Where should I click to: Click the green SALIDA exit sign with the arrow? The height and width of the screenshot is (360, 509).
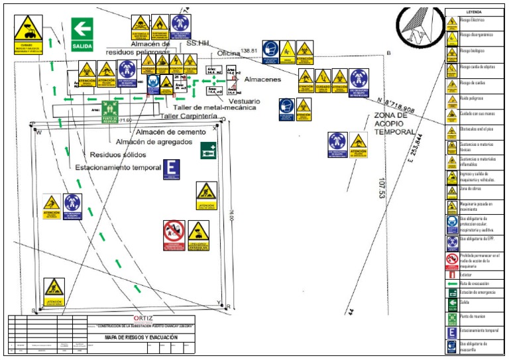tap(82, 34)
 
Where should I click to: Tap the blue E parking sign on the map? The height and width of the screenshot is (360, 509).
tap(172, 169)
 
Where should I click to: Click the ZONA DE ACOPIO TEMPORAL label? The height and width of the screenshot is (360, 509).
tap(375, 123)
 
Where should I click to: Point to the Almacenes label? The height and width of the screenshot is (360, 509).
tap(262, 79)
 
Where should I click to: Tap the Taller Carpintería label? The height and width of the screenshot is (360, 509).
tap(190, 116)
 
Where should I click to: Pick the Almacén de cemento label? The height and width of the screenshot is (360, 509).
tap(169, 132)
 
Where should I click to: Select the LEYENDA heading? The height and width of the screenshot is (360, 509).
tap(474, 12)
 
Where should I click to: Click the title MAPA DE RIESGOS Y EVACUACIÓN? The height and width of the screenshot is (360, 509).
tap(142, 337)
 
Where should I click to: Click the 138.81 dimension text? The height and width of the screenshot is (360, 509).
tap(249, 50)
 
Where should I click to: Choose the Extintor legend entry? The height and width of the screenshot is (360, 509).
tap(467, 273)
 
